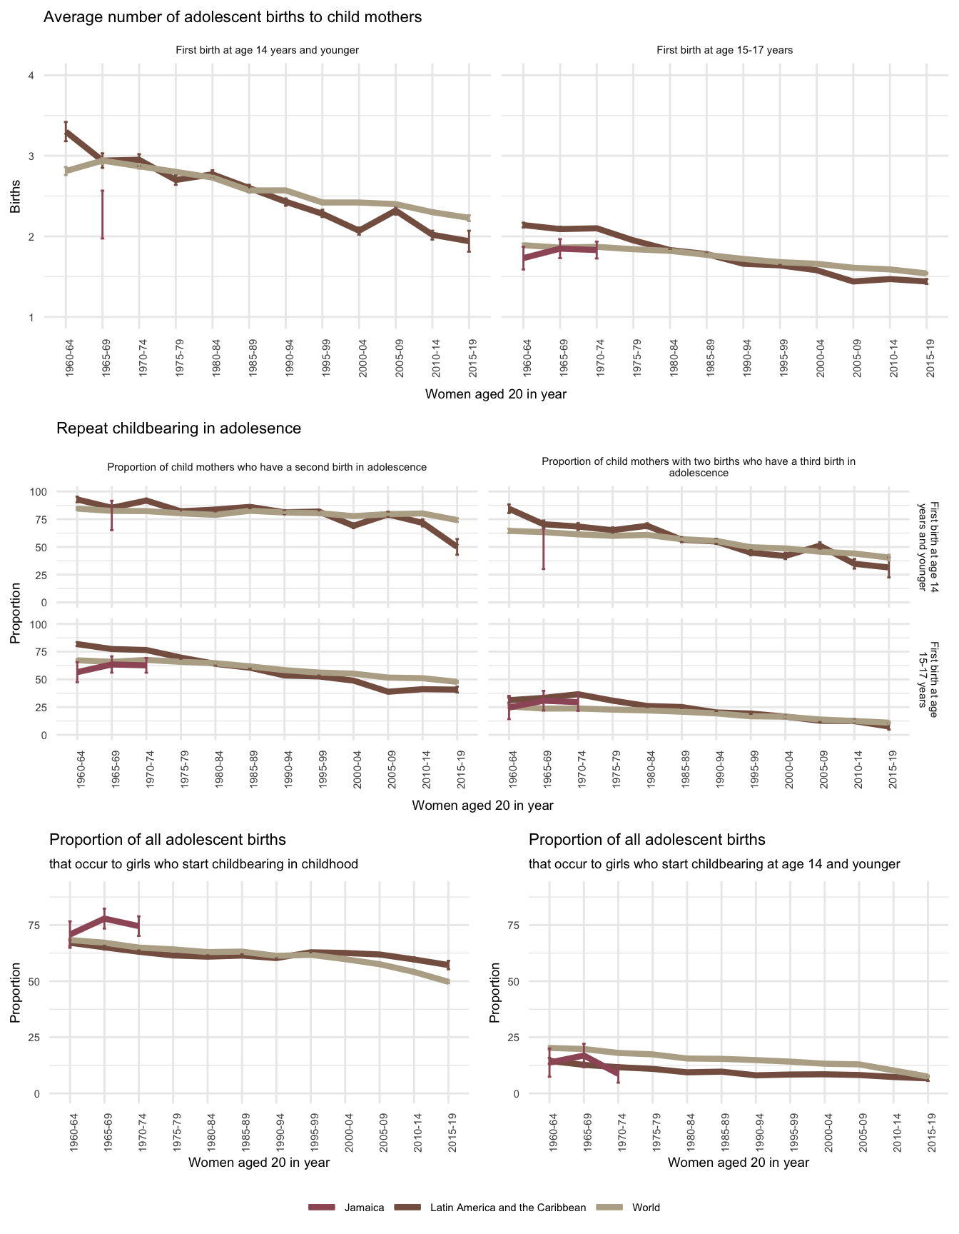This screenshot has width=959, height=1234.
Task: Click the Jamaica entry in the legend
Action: tap(364, 1208)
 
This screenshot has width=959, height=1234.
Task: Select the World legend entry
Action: tap(646, 1208)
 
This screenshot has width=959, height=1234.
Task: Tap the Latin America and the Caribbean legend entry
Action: tap(508, 1208)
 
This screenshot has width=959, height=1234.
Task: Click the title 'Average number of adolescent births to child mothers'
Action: tap(233, 17)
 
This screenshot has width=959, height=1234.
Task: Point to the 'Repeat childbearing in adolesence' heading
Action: tap(178, 428)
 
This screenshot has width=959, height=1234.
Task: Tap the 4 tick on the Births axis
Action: tap(31, 76)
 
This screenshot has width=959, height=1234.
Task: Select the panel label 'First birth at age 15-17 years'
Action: tap(724, 50)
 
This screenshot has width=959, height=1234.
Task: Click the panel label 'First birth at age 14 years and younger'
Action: tap(267, 50)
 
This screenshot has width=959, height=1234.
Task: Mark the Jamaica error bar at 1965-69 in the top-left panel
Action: tap(103, 214)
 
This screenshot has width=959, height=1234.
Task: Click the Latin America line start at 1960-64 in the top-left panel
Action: tap(66, 132)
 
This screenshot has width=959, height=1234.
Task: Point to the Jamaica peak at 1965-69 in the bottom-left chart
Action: tap(104, 918)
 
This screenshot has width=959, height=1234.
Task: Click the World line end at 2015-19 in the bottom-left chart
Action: tap(448, 982)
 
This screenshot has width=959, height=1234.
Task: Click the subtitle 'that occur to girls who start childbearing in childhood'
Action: tap(203, 864)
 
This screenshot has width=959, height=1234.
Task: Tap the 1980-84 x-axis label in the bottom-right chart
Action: tap(687, 1133)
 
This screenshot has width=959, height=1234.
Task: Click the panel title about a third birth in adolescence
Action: tap(698, 467)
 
